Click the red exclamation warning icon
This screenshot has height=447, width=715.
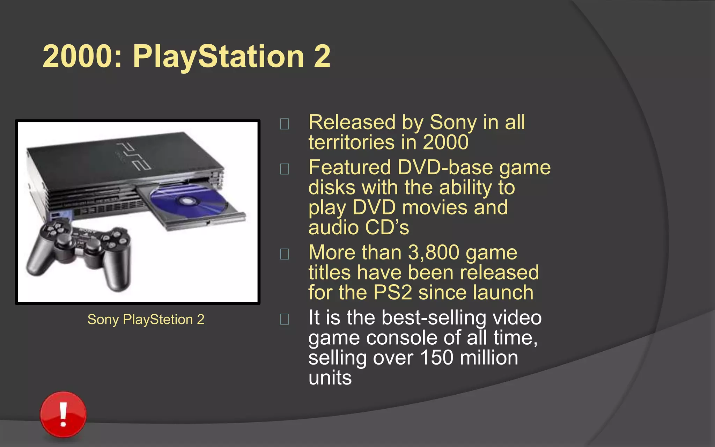pos(63,414)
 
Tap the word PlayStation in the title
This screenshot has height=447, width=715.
pos(219,57)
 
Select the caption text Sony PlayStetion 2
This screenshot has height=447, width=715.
pos(146,320)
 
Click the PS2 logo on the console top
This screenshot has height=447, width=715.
pos(134,156)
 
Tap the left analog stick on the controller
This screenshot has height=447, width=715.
pos(64,241)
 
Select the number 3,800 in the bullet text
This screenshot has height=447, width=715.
pos(433,252)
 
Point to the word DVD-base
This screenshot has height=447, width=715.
pos(445,168)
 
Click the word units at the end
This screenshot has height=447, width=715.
pos(330,378)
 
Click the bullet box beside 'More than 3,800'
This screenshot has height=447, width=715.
pos(285,254)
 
